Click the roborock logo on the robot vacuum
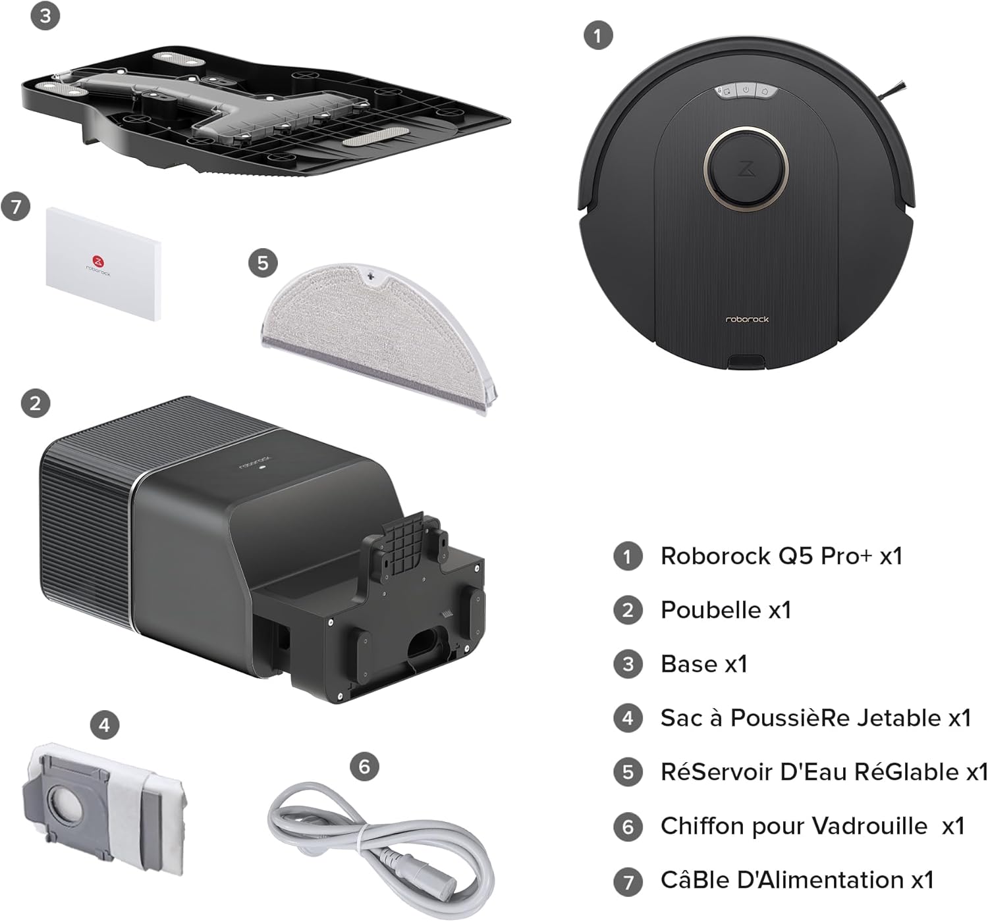tap(747, 319)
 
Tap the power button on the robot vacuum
tap(746, 90)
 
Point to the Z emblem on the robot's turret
tap(746, 168)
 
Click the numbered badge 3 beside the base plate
tap(45, 15)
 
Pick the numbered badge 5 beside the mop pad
tap(263, 263)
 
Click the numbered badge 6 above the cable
tap(365, 766)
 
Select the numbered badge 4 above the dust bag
tap(105, 725)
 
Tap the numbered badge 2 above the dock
tap(36, 403)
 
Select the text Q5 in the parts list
tap(796, 556)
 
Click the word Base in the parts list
tap(689, 664)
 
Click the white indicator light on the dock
tap(262, 468)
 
